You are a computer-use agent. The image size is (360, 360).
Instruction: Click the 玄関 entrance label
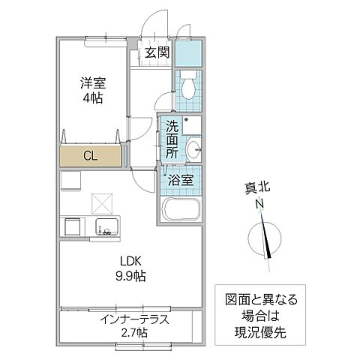(x=157, y=52)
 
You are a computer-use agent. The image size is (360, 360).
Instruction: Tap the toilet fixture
(x=187, y=86)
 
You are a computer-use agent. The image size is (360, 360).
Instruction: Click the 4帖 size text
(x=93, y=98)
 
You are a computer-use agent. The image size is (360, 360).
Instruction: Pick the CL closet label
(x=89, y=156)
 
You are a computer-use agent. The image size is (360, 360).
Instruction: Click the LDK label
(x=129, y=261)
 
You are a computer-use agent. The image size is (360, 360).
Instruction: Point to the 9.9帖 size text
(x=130, y=275)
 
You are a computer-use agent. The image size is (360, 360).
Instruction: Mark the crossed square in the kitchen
(x=100, y=202)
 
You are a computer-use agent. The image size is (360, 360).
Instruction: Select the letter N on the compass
(x=258, y=204)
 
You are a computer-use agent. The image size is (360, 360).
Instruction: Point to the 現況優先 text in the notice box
(x=256, y=330)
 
